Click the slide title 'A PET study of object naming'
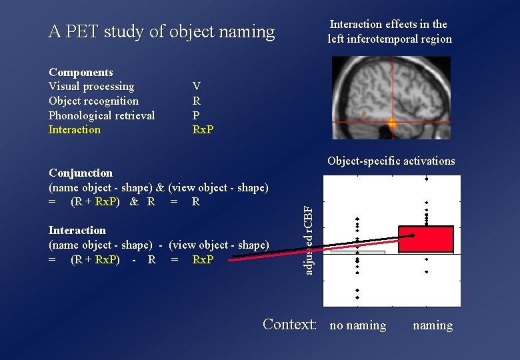tap(161, 32)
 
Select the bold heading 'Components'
tap(81, 72)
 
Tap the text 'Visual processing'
tap(91, 87)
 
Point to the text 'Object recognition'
tap(94, 101)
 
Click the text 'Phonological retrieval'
tap(101, 115)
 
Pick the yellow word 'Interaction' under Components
tap(75, 130)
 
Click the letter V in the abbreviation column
tap(196, 87)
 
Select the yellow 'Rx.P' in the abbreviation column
tap(203, 130)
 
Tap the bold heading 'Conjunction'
tap(81, 173)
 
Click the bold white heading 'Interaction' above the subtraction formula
tap(77, 231)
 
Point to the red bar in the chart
tap(426, 240)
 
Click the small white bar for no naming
tap(357, 253)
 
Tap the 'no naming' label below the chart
tap(358, 325)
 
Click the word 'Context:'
tap(290, 325)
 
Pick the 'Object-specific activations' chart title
tap(391, 161)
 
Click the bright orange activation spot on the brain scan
tap(392, 123)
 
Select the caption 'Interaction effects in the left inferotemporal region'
tap(389, 32)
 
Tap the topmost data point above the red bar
tap(426, 179)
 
